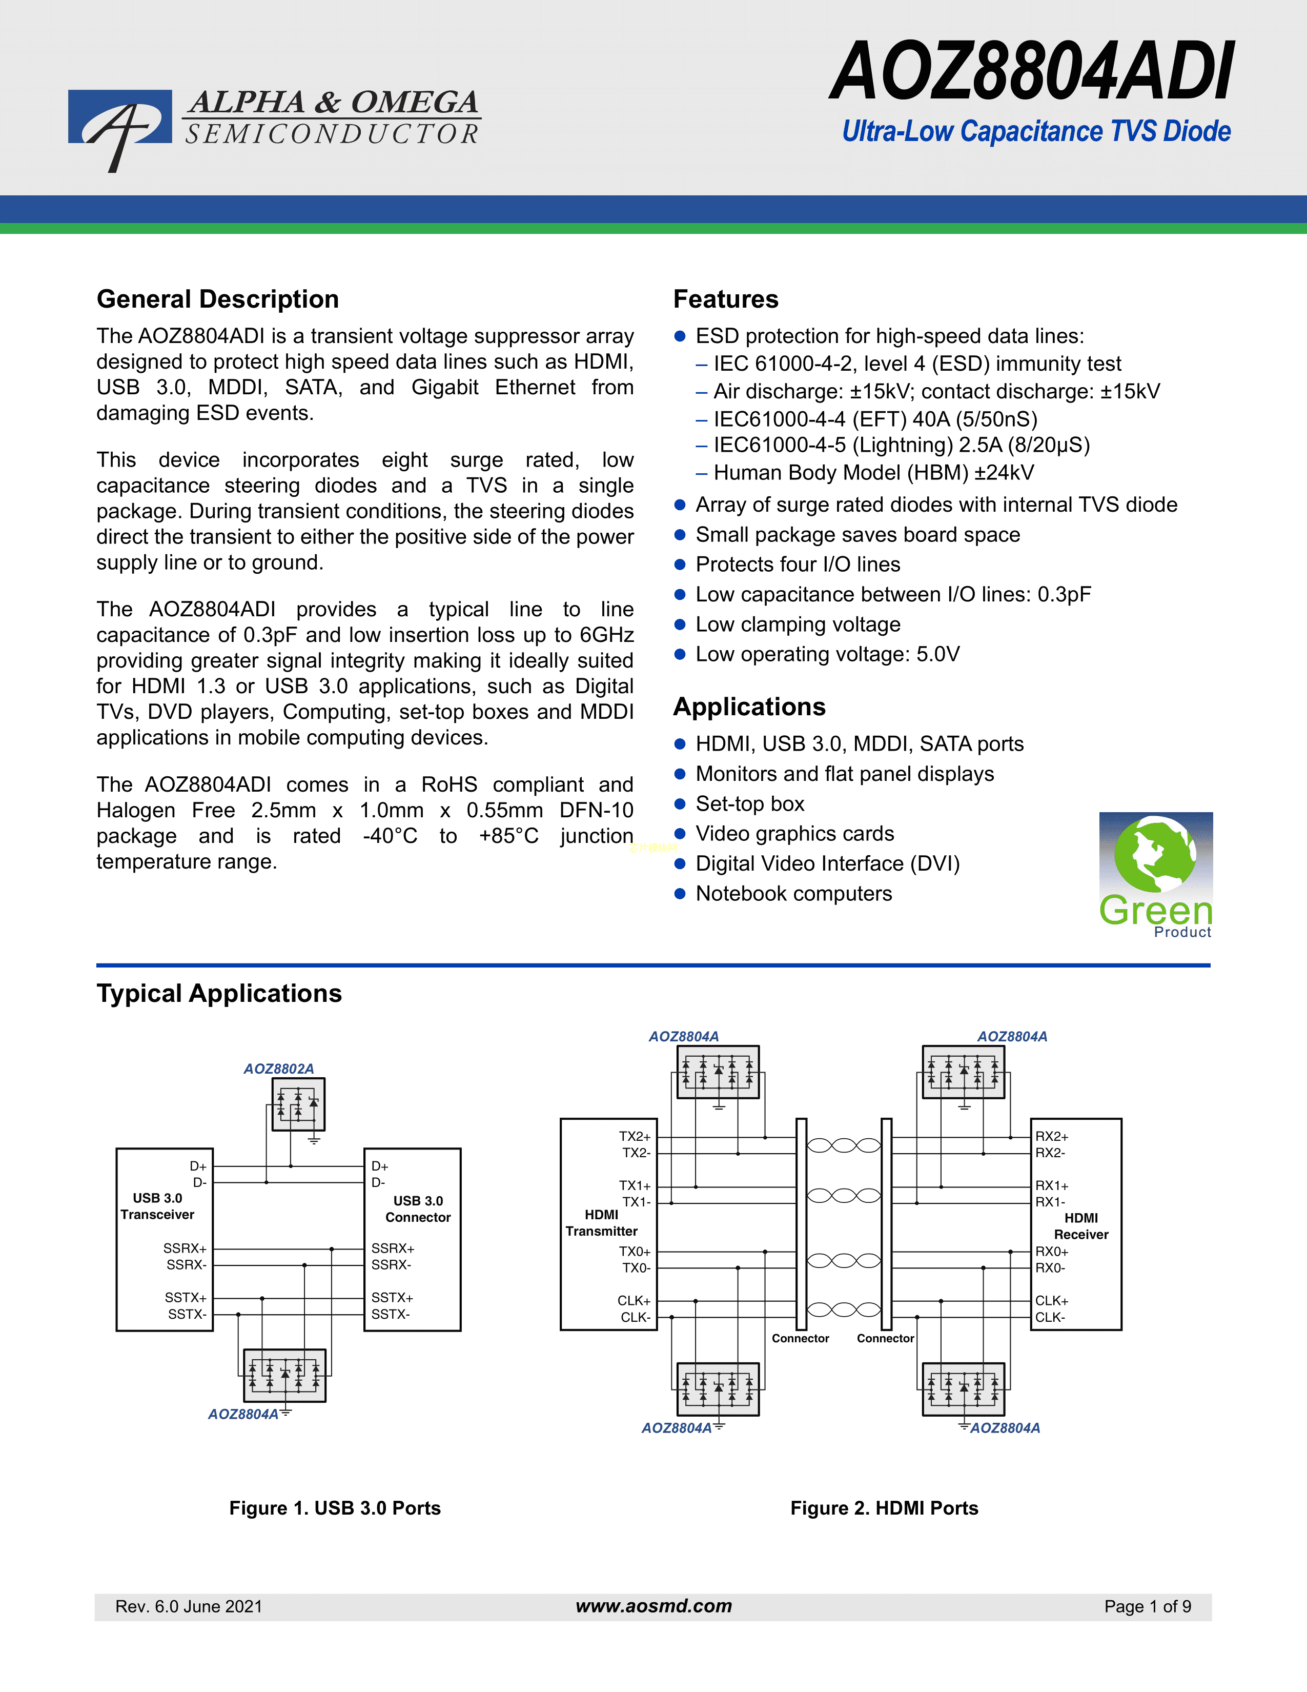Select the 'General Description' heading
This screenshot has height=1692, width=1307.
(217, 299)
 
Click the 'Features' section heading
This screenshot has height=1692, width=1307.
(725, 299)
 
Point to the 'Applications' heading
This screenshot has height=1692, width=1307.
(749, 707)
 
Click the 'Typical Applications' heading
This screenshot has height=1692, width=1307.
(219, 993)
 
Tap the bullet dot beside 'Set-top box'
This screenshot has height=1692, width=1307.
(680, 804)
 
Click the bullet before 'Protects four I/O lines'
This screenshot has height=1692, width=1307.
(680, 565)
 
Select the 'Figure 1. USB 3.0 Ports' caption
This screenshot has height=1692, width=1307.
(335, 1507)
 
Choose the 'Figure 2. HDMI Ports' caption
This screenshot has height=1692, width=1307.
(884, 1507)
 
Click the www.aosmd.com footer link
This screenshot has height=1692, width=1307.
(653, 1606)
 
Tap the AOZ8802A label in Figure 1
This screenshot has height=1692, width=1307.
(279, 1069)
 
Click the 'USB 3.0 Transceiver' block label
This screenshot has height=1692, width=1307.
(157, 1206)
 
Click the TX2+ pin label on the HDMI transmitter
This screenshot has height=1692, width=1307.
(635, 1137)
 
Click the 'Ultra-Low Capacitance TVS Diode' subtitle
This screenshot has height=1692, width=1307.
(1037, 131)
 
